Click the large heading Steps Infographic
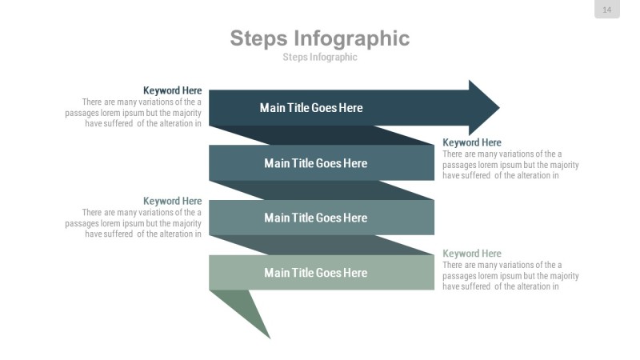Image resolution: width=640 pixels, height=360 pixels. point(319,38)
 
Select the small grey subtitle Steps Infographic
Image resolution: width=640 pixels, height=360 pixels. point(319,57)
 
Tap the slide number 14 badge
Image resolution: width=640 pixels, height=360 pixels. point(606,10)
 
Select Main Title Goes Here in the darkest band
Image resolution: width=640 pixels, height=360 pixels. point(311,108)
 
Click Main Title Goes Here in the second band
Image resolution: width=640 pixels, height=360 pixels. point(315,163)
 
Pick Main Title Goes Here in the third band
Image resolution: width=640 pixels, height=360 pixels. point(315,218)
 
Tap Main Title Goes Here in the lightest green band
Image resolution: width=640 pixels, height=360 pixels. point(315,273)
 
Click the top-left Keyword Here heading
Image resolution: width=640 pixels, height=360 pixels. point(172,91)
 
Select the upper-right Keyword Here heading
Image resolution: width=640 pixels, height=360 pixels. point(472,143)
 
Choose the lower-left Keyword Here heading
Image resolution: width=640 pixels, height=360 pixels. point(172,202)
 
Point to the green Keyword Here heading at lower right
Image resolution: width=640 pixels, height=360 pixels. point(472,254)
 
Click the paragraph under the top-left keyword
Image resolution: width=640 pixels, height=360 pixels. point(136,113)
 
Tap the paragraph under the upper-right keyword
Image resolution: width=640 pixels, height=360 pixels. point(510,165)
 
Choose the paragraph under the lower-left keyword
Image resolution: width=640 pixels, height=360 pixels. point(136,223)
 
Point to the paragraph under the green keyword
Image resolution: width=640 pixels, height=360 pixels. point(510,275)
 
